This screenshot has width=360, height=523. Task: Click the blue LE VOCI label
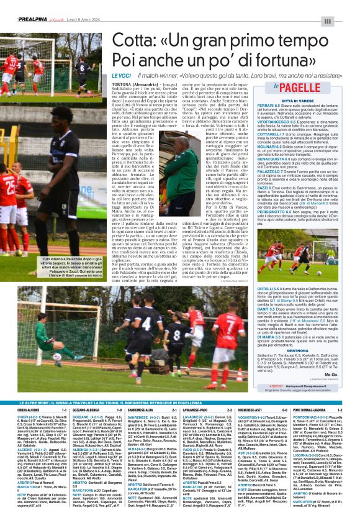click(121, 75)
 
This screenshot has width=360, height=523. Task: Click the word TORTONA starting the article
click(123, 82)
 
